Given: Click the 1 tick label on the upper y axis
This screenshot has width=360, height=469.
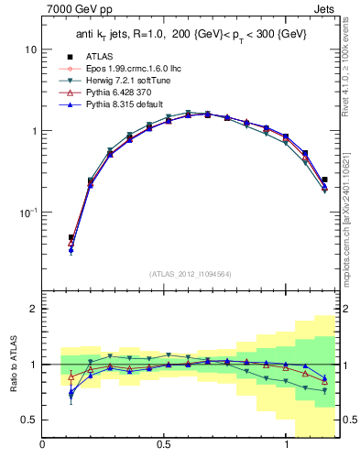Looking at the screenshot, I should [33, 131].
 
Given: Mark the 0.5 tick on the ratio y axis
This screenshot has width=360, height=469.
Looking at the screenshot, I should [28, 420].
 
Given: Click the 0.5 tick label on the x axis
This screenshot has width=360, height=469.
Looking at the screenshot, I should [164, 446].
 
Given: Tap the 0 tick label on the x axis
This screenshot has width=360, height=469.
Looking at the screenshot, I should [42, 446].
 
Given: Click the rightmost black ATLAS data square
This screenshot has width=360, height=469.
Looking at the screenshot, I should [325, 180].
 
